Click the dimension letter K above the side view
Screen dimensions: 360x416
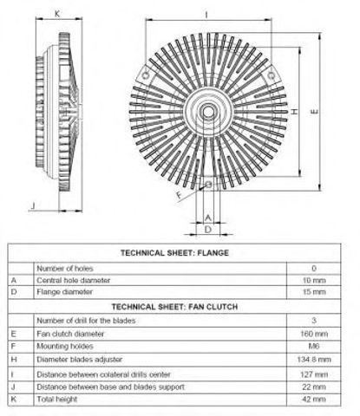(x=57, y=14)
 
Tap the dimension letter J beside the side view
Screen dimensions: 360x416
(x=34, y=205)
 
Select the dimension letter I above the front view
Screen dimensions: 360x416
(x=206, y=15)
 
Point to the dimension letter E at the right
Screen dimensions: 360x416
(x=314, y=111)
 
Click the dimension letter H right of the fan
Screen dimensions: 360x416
(x=294, y=111)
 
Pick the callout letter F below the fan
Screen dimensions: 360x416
(x=180, y=195)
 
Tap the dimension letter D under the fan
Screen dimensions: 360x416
(x=208, y=230)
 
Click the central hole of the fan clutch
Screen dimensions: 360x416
(x=208, y=112)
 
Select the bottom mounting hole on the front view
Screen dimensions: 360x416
(x=208, y=184)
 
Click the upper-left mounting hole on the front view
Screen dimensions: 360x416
(x=146, y=75)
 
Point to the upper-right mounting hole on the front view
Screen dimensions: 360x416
(x=271, y=75)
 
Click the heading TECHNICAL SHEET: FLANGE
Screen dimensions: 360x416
(x=174, y=253)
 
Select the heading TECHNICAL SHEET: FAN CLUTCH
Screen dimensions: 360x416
(x=174, y=307)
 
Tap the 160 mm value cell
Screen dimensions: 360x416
(x=314, y=334)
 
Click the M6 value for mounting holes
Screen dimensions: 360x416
(x=314, y=346)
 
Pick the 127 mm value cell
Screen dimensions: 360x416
(x=314, y=374)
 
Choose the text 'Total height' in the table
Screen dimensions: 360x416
(x=57, y=400)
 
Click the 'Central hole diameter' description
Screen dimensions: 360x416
(x=74, y=280)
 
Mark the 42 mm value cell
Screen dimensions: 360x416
(x=314, y=400)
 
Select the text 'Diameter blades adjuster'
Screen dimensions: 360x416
(x=80, y=360)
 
